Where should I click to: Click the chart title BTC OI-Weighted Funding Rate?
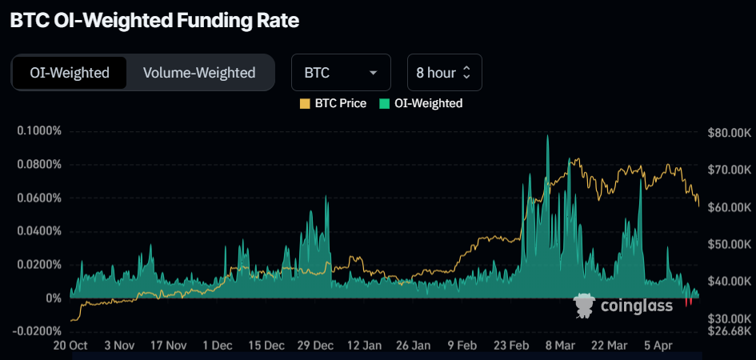pyautogui.click(x=154, y=22)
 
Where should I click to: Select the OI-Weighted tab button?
pyautogui.click(x=70, y=73)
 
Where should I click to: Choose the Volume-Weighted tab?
pyautogui.click(x=199, y=73)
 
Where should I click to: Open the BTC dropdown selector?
pyautogui.click(x=341, y=73)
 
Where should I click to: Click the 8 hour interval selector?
pyautogui.click(x=444, y=73)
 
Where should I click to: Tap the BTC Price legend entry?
pyautogui.click(x=333, y=103)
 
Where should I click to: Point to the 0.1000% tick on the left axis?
pyautogui.click(x=39, y=131)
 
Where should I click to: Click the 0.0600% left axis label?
pyautogui.click(x=39, y=198)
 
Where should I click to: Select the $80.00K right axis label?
pyautogui.click(x=729, y=133)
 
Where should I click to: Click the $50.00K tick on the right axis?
pyautogui.click(x=729, y=244)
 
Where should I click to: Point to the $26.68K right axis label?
pyautogui.click(x=729, y=330)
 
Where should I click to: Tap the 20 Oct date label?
pyautogui.click(x=70, y=346)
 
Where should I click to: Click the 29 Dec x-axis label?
pyautogui.click(x=315, y=346)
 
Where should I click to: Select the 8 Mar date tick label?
pyautogui.click(x=560, y=346)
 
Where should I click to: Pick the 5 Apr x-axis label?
pyautogui.click(x=658, y=346)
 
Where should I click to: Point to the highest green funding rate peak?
pyautogui.click(x=547, y=138)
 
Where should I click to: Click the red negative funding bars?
pyautogui.click(x=689, y=302)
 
